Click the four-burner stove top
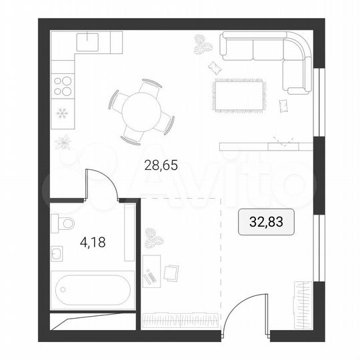(x=63, y=85)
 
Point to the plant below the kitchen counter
(x=66, y=141)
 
